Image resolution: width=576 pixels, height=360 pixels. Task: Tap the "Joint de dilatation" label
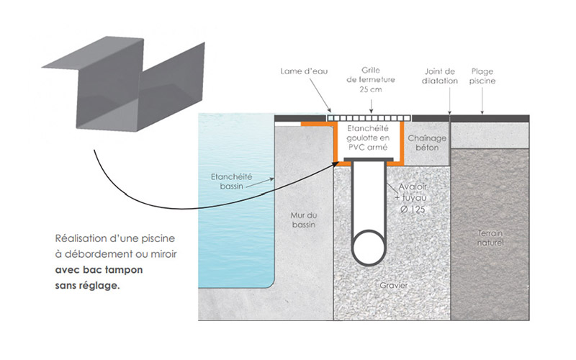coord(440,76)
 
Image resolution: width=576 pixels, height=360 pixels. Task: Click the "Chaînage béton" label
coord(427,142)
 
